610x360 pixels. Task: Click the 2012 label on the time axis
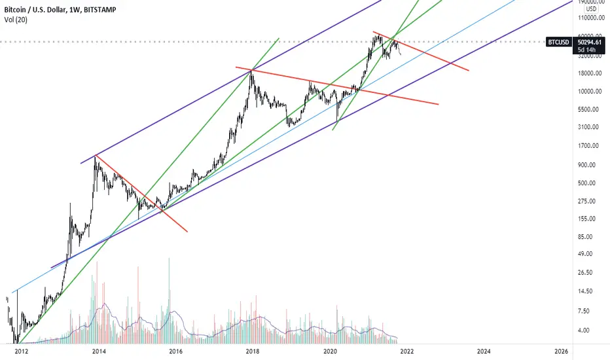(22, 351)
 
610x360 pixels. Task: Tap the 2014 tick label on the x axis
(99, 351)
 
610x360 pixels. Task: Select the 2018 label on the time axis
(253, 351)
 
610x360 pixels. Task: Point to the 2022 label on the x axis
(407, 351)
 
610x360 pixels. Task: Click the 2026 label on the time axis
(561, 351)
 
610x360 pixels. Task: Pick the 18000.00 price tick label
(590, 73)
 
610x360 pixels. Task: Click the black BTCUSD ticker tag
(558, 42)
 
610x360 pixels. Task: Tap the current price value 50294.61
(590, 42)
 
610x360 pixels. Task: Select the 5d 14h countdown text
(586, 50)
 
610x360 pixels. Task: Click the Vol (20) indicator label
(16, 20)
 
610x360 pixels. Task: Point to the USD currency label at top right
(591, 9)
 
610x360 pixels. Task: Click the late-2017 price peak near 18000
(252, 70)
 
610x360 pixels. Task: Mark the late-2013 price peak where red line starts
(96, 156)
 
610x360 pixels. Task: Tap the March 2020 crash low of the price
(337, 122)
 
